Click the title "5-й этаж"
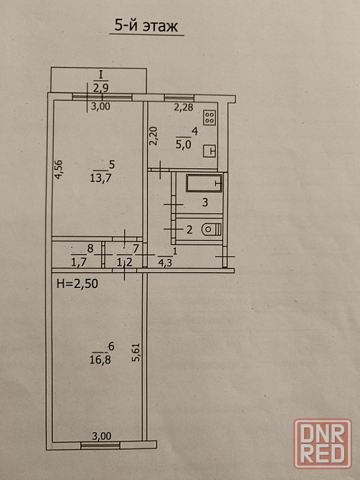[146, 26]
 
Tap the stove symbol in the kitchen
[209, 117]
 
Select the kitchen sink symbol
[209, 151]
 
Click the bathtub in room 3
[204, 183]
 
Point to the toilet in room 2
[212, 229]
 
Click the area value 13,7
[100, 178]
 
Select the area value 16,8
[100, 360]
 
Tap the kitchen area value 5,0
[183, 144]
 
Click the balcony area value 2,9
[101, 88]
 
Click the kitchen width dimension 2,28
[184, 107]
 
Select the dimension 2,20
[153, 136]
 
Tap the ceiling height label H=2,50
[77, 284]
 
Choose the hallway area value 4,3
[165, 263]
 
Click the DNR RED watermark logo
[323, 443]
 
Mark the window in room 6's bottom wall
[100, 446]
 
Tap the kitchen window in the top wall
[179, 97]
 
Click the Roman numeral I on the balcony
[100, 75]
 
